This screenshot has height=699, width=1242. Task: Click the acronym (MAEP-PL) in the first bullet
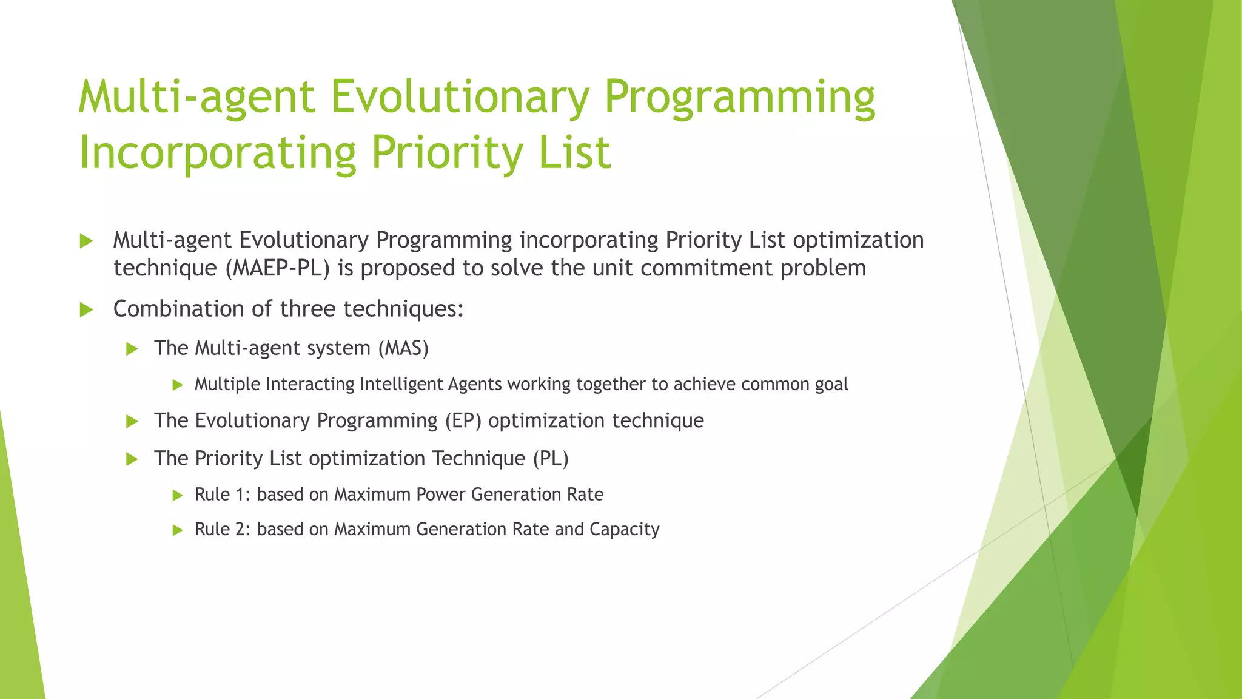pyautogui.click(x=278, y=268)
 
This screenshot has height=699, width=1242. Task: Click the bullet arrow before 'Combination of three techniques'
pyautogui.click(x=86, y=310)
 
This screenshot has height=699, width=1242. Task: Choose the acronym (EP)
pyautogui.click(x=463, y=420)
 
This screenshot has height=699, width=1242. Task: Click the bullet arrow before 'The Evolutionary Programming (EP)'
pyautogui.click(x=132, y=421)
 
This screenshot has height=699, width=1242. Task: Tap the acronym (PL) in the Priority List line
pyautogui.click(x=551, y=458)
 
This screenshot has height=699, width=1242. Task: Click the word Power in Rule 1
pyautogui.click(x=441, y=495)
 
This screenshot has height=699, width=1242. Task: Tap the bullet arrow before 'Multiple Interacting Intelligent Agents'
pyautogui.click(x=177, y=385)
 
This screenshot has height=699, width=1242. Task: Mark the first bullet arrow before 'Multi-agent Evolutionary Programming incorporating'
pyautogui.click(x=86, y=241)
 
